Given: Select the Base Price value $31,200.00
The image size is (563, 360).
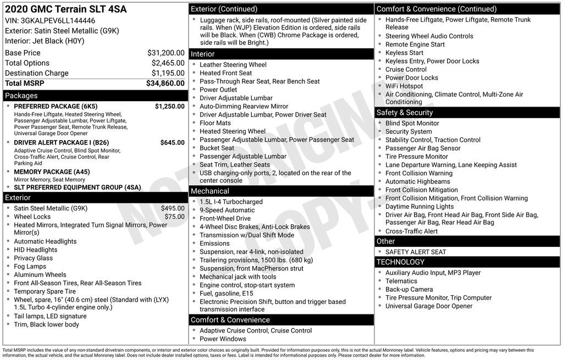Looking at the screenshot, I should tap(165, 53).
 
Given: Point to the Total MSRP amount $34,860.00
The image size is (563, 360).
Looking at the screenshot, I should tap(165, 83).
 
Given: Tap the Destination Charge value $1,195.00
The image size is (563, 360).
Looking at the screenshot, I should tap(168, 73).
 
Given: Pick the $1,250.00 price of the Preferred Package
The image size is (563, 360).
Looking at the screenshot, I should tap(169, 106).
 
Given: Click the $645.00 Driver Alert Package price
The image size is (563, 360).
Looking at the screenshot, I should tap(172, 142).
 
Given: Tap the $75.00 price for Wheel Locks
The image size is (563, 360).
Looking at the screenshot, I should tap(174, 217).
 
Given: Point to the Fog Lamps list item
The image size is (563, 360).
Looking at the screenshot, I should tap(30, 267).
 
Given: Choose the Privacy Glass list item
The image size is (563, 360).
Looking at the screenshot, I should tap(33, 258).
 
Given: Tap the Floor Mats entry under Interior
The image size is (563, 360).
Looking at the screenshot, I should tap(215, 123).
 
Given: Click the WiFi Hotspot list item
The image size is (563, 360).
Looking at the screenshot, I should tap(404, 86).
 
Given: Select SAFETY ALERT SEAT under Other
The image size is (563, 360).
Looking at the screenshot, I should tap(416, 252).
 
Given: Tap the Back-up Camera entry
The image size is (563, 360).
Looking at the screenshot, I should tap(409, 289).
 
